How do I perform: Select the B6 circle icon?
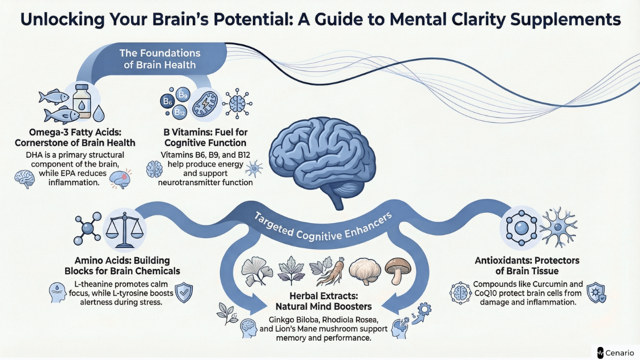pos(166,102)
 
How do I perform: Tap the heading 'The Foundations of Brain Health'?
pos(160,58)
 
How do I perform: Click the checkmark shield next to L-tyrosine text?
pos(184,292)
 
